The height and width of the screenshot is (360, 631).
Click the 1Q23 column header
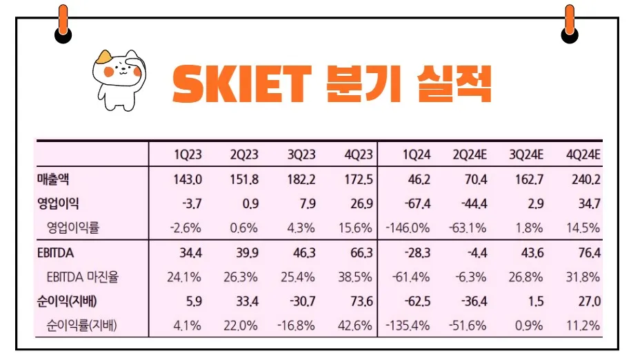[188, 154]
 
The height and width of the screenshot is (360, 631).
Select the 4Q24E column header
[583, 154]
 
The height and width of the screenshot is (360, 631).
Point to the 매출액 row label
[54, 179]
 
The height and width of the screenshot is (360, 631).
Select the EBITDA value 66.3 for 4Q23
[361, 254]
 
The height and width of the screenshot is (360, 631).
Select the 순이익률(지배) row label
[81, 324]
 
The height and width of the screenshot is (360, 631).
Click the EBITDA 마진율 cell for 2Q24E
[472, 277]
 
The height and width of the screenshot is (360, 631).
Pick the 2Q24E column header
[471, 154]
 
